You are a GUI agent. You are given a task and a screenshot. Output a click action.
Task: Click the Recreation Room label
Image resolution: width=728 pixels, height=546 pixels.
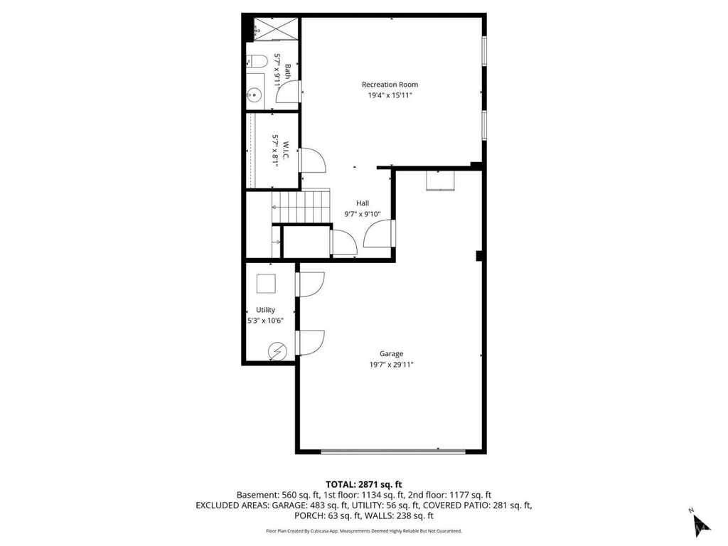390,85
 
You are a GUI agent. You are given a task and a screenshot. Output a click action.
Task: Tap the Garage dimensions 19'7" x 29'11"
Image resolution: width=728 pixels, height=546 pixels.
392,365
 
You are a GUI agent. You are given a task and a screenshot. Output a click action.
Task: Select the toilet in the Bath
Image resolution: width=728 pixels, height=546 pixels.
257,62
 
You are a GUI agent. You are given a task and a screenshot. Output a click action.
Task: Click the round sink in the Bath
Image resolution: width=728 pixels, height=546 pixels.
255,95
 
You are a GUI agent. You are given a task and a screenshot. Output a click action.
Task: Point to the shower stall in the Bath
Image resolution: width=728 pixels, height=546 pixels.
276,28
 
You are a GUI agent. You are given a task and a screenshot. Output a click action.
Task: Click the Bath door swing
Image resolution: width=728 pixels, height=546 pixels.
288,92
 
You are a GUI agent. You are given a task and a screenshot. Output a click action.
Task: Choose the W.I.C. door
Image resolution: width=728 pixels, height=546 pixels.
313,160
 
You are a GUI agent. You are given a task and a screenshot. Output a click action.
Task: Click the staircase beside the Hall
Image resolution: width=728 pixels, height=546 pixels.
301,205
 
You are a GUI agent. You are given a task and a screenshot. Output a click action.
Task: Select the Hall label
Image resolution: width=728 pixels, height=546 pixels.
363,203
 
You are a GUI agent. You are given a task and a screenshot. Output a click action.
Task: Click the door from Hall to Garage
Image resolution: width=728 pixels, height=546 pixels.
379,233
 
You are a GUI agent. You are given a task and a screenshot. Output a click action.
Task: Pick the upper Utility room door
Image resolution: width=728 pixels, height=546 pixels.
310,284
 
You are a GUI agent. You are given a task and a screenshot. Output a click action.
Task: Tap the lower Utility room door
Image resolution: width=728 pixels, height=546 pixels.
310,343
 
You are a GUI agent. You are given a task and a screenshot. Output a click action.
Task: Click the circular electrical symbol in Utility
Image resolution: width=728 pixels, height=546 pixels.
277,351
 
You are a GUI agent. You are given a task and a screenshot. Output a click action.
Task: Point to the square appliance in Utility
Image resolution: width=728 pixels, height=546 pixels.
266,283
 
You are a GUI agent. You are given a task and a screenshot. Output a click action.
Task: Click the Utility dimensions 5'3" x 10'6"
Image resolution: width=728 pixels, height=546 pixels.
265,321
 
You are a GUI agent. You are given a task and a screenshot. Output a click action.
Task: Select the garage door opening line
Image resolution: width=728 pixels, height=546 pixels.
392,451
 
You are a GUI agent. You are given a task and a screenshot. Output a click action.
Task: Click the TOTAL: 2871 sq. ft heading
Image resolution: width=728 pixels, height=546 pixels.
363,485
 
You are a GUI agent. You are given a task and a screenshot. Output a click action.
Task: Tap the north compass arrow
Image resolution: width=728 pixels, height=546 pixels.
700,523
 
